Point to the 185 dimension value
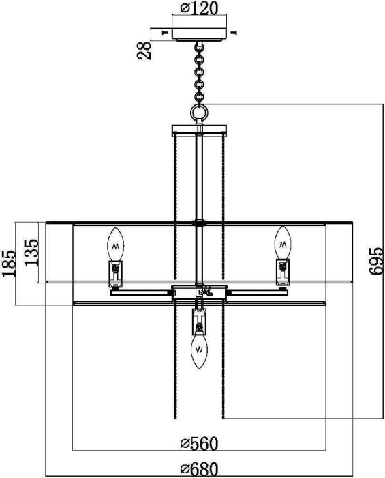[10, 263]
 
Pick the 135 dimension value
[29, 253]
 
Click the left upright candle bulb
[116, 242]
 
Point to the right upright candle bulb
[282, 242]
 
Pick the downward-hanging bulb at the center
[199, 350]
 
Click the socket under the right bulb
[282, 272]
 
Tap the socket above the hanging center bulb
[199, 320]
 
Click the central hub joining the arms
[199, 292]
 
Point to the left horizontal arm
[140, 292]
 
